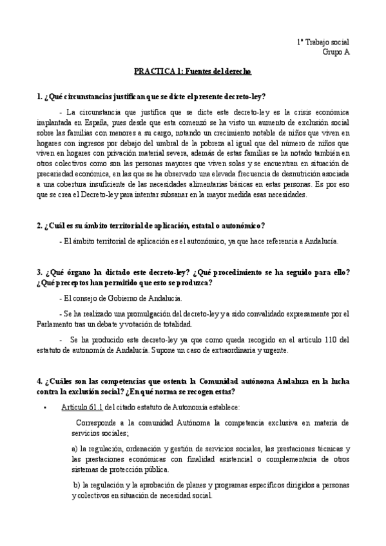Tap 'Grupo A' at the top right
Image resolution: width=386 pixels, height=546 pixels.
[x=335, y=53]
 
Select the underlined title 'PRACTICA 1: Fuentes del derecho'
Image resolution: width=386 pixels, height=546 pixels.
[x=193, y=75]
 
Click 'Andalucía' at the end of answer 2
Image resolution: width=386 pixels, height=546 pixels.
[x=320, y=241]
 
